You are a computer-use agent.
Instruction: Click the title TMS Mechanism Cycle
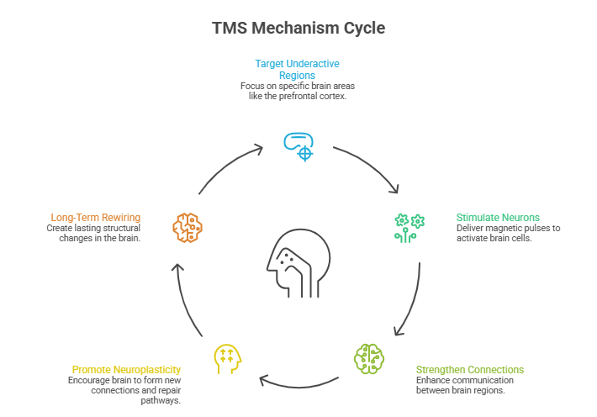[298, 28]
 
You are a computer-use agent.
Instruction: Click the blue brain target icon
[298, 145]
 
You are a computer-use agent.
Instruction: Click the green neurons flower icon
[409, 224]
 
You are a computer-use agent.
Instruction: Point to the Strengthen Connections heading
[470, 370]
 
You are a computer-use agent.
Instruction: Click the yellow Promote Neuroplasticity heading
[126, 370]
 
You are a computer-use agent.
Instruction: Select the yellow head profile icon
[228, 357]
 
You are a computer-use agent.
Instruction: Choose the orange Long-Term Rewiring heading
[95, 217]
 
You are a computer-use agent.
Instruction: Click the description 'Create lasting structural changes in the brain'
[93, 233]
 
